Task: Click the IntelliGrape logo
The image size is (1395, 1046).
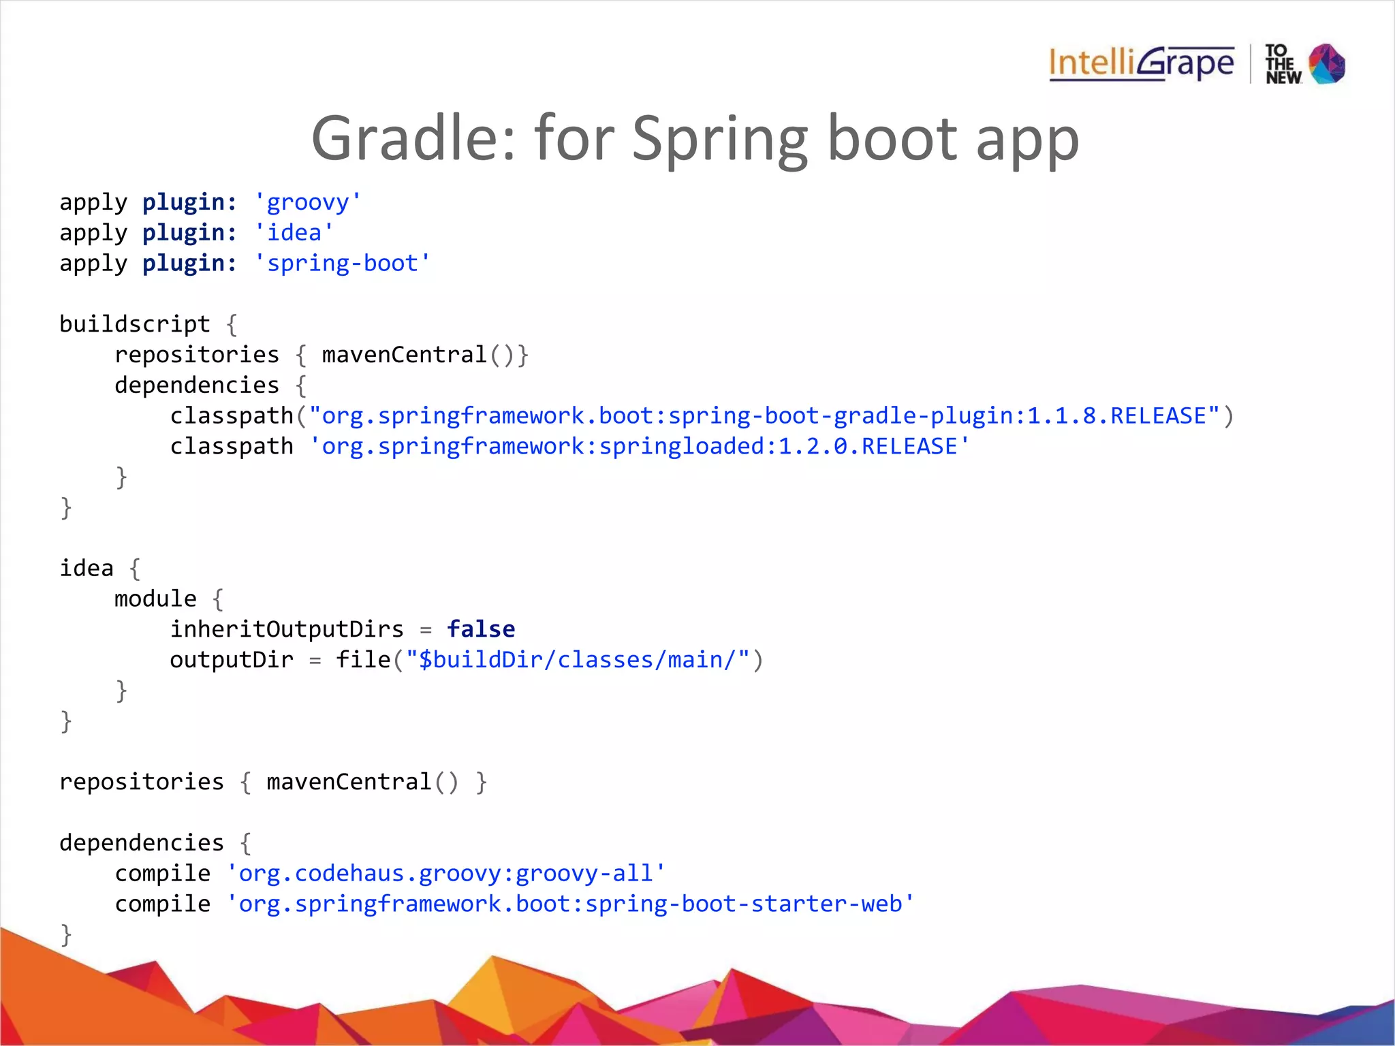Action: click(1141, 64)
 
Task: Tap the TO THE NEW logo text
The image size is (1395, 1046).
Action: click(1283, 65)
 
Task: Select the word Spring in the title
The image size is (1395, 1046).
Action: click(719, 140)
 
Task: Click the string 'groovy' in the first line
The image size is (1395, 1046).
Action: click(307, 202)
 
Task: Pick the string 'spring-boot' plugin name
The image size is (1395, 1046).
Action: click(342, 264)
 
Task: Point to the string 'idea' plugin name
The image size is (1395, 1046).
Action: click(294, 233)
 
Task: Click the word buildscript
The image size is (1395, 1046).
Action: click(135, 324)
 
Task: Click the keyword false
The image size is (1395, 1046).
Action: click(481, 629)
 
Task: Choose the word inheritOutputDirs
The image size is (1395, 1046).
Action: click(287, 629)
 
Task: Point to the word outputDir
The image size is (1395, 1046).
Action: click(232, 660)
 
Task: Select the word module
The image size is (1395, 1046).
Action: click(155, 599)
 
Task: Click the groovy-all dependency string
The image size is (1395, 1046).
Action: click(445, 873)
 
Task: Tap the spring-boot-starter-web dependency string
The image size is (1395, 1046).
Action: click(570, 904)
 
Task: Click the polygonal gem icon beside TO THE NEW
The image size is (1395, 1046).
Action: click(1327, 64)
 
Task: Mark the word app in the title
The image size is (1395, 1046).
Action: click(1027, 140)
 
